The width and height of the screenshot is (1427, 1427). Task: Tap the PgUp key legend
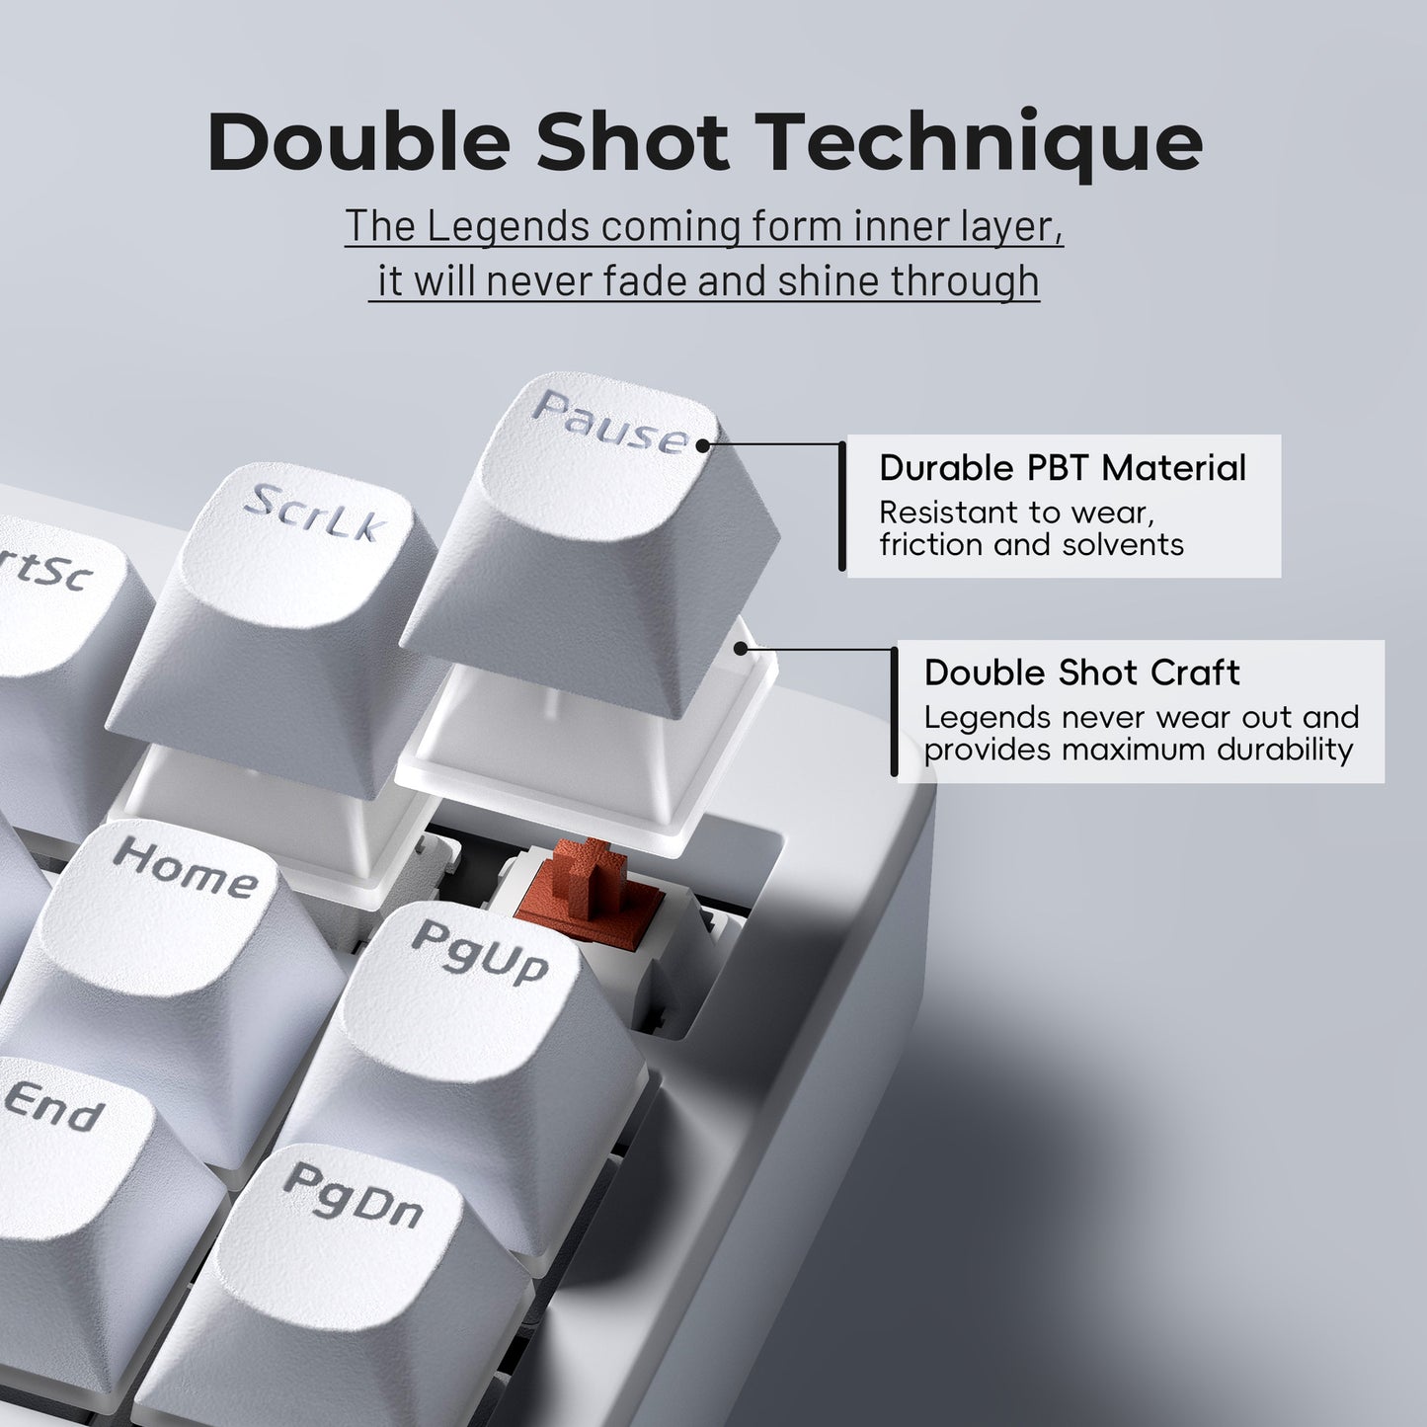[480, 950]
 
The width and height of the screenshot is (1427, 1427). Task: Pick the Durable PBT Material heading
[1063, 467]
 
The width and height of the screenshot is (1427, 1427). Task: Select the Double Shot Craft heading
[1081, 673]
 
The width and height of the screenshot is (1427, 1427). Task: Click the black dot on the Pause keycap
[702, 445]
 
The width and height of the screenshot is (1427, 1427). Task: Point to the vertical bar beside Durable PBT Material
[841, 506]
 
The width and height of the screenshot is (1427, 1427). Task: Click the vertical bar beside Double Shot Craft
[894, 710]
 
